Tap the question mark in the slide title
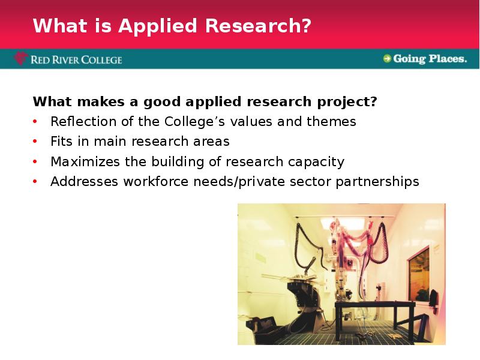pyautogui.click(x=306, y=25)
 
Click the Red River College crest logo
pyautogui.click(x=21, y=58)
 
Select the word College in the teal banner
pyautogui.click(x=101, y=59)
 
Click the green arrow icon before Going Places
pyautogui.click(x=387, y=58)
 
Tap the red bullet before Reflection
pyautogui.click(x=35, y=122)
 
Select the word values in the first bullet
pyautogui.click(x=251, y=122)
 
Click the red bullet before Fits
pyautogui.click(x=35, y=142)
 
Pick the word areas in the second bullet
pyautogui.click(x=211, y=142)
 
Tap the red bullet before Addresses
pyautogui.click(x=35, y=182)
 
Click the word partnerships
pyautogui.click(x=377, y=182)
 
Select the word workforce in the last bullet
pyautogui.click(x=156, y=182)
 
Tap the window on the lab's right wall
pyautogui.click(x=419, y=275)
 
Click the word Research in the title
pyautogui.click(x=258, y=25)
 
